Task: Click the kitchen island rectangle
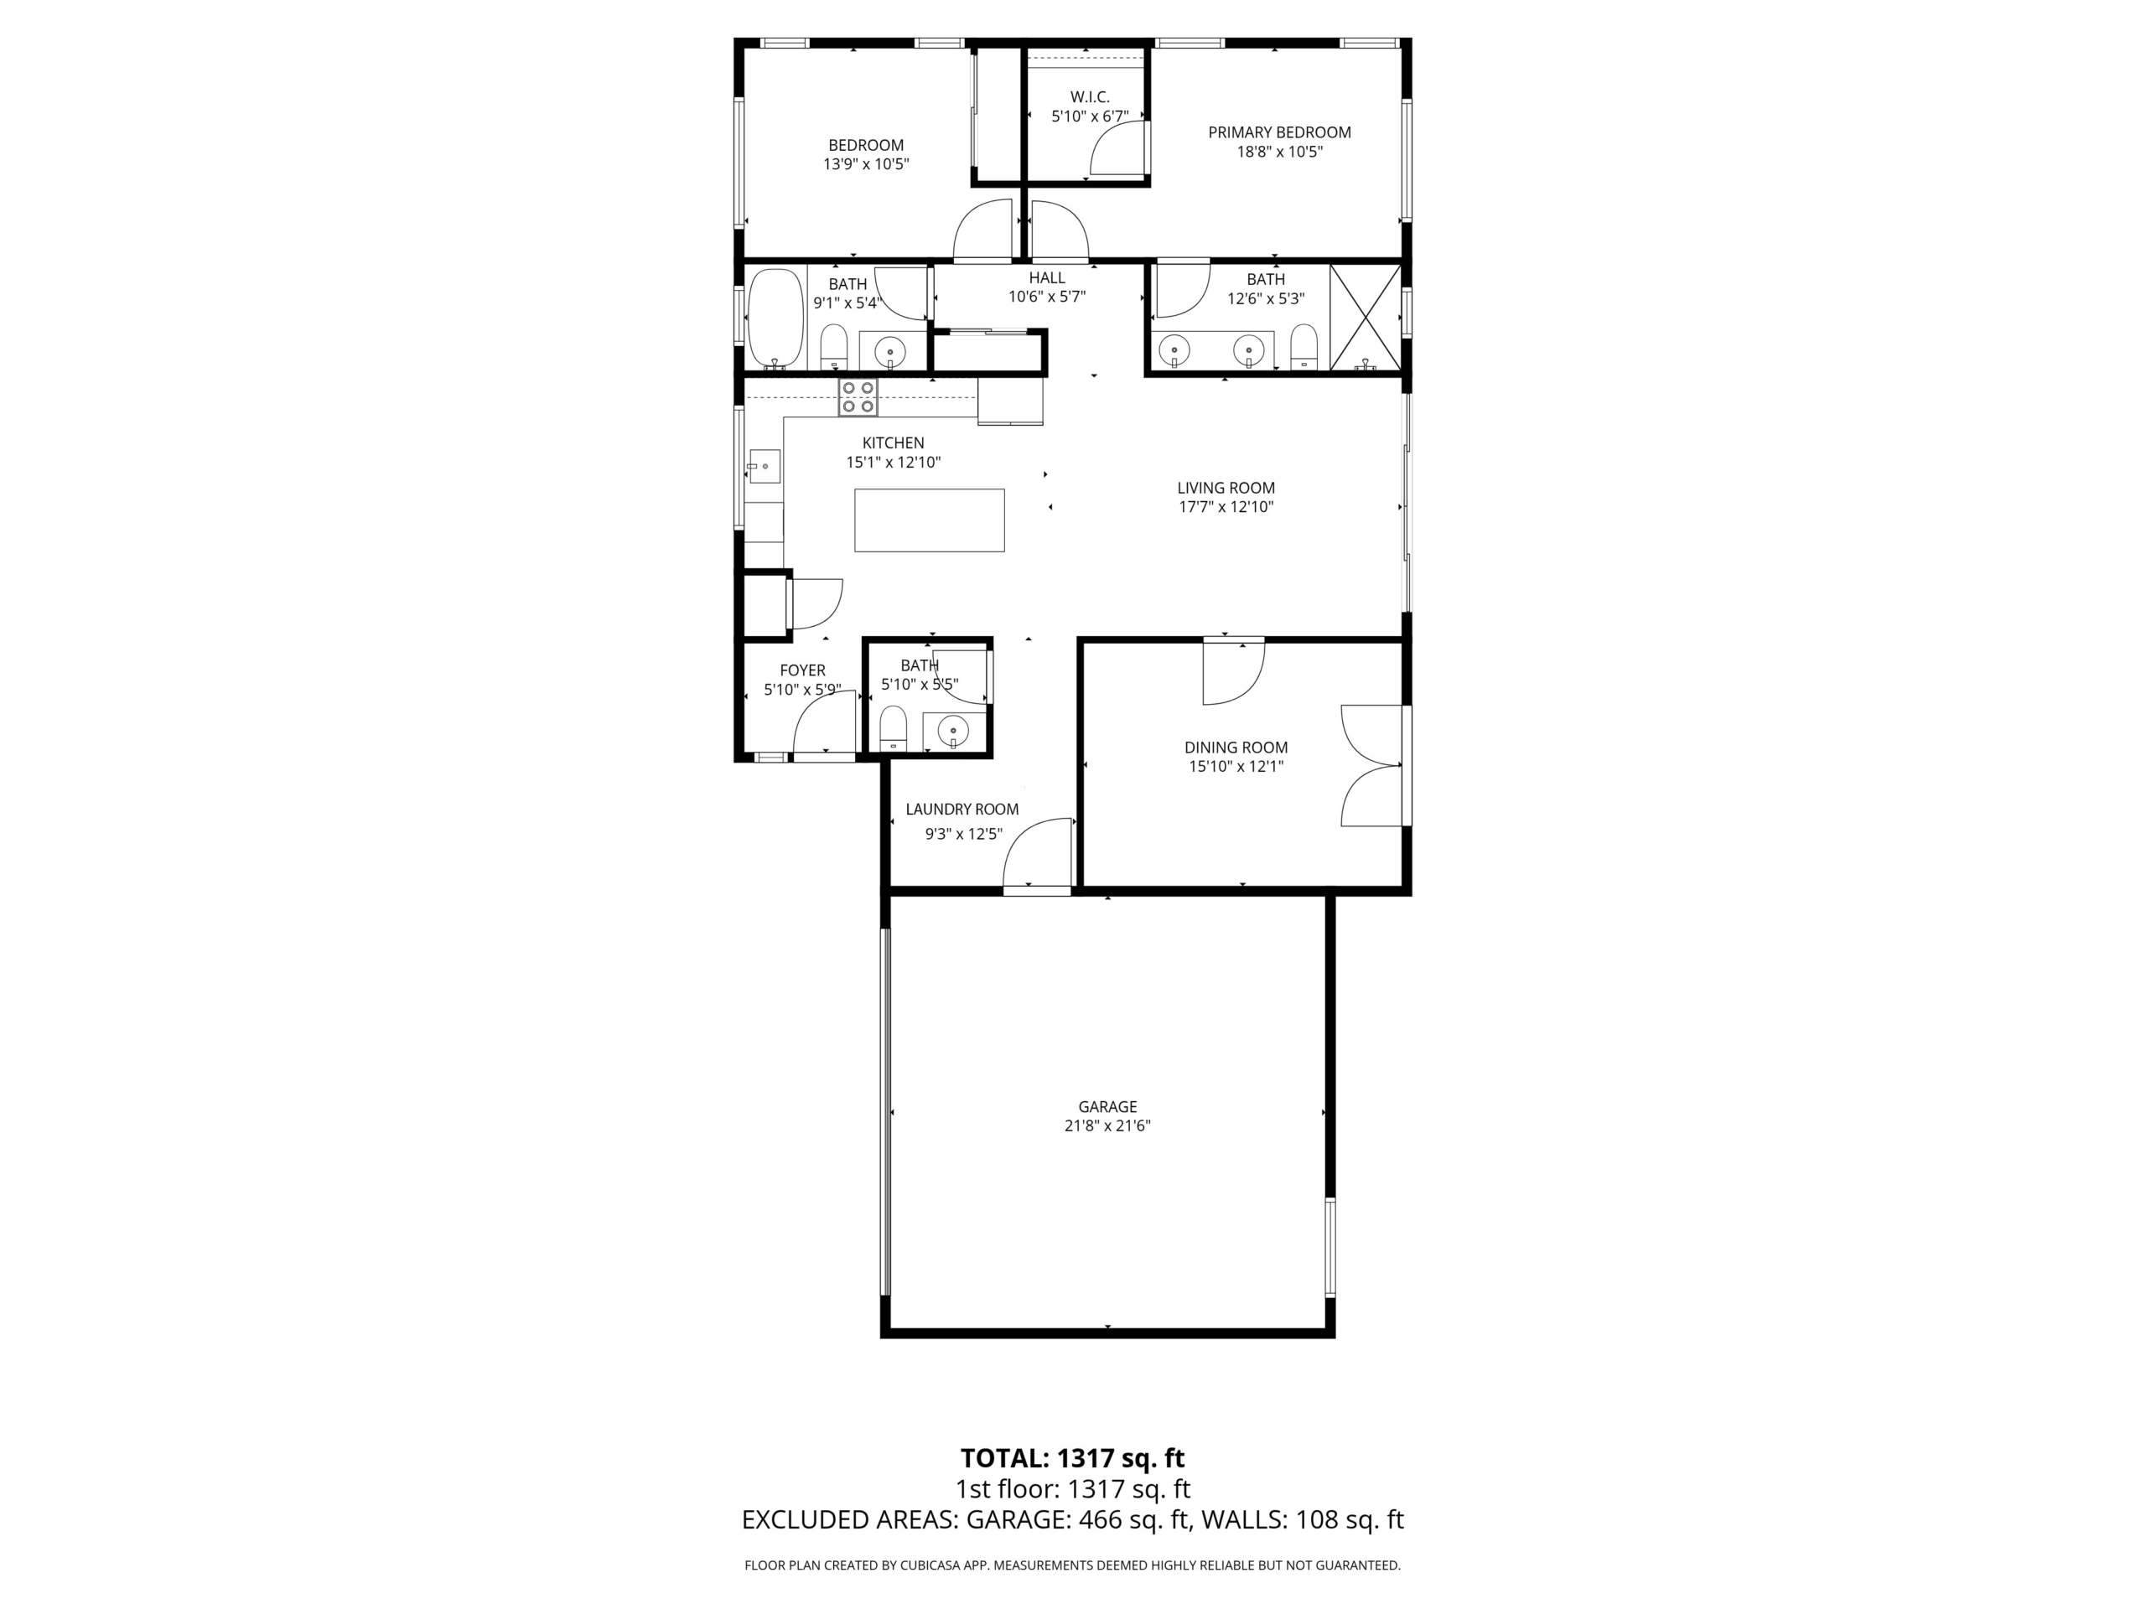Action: (929, 520)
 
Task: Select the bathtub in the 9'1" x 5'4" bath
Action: (775, 319)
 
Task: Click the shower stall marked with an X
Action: (1365, 317)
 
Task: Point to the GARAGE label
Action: (1107, 1107)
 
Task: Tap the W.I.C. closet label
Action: (1090, 97)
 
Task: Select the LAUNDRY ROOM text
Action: (962, 810)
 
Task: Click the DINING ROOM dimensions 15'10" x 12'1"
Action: (1236, 767)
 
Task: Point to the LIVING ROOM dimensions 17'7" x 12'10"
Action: (1226, 507)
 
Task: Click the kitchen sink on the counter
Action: (764, 467)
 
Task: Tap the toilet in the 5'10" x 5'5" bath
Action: (893, 729)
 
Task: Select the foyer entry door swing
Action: (825, 722)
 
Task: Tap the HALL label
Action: (1047, 278)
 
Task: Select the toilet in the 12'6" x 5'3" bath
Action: (1304, 346)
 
